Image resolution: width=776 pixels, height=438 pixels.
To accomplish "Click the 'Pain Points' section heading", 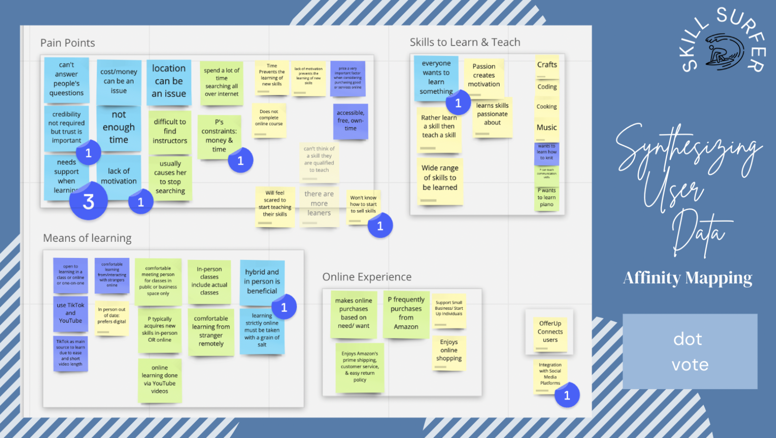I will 67,43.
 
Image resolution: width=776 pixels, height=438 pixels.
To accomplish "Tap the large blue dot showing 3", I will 88,201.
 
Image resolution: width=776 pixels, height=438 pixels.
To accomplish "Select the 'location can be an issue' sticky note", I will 169,81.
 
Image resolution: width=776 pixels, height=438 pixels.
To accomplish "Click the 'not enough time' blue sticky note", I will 119,128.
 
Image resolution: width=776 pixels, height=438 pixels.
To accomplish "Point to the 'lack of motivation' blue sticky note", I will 119,176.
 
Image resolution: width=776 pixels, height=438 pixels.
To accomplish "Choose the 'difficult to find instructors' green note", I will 170,132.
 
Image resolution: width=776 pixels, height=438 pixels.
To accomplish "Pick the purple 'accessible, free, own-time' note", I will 350,121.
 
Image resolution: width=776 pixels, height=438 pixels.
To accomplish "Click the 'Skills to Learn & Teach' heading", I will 465,42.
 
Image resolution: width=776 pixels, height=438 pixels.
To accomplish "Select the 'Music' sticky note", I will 547,128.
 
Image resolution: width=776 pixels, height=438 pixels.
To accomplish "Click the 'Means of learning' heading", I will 87,238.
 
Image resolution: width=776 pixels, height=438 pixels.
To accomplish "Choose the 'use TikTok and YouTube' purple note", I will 70,314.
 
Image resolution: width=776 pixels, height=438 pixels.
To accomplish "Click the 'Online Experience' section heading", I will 367,277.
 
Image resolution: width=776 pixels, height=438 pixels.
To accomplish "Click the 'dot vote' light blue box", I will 690,352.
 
